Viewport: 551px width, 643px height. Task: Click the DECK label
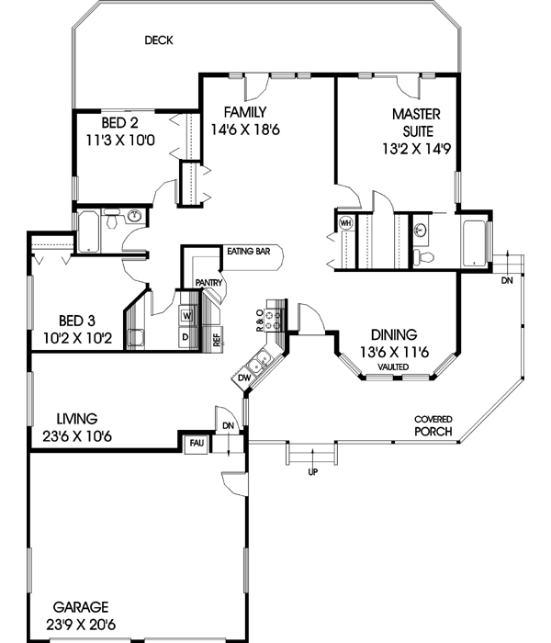pyautogui.click(x=159, y=40)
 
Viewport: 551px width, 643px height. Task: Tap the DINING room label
pyautogui.click(x=394, y=334)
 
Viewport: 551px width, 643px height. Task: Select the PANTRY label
pyautogui.click(x=205, y=284)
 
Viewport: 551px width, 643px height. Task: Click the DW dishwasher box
pyautogui.click(x=244, y=377)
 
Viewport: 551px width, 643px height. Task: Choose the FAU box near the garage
pyautogui.click(x=197, y=444)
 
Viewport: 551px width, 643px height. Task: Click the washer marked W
pyautogui.click(x=186, y=315)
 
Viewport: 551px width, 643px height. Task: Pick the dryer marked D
pyautogui.click(x=186, y=337)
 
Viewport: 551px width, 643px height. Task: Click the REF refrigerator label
pyautogui.click(x=217, y=337)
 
